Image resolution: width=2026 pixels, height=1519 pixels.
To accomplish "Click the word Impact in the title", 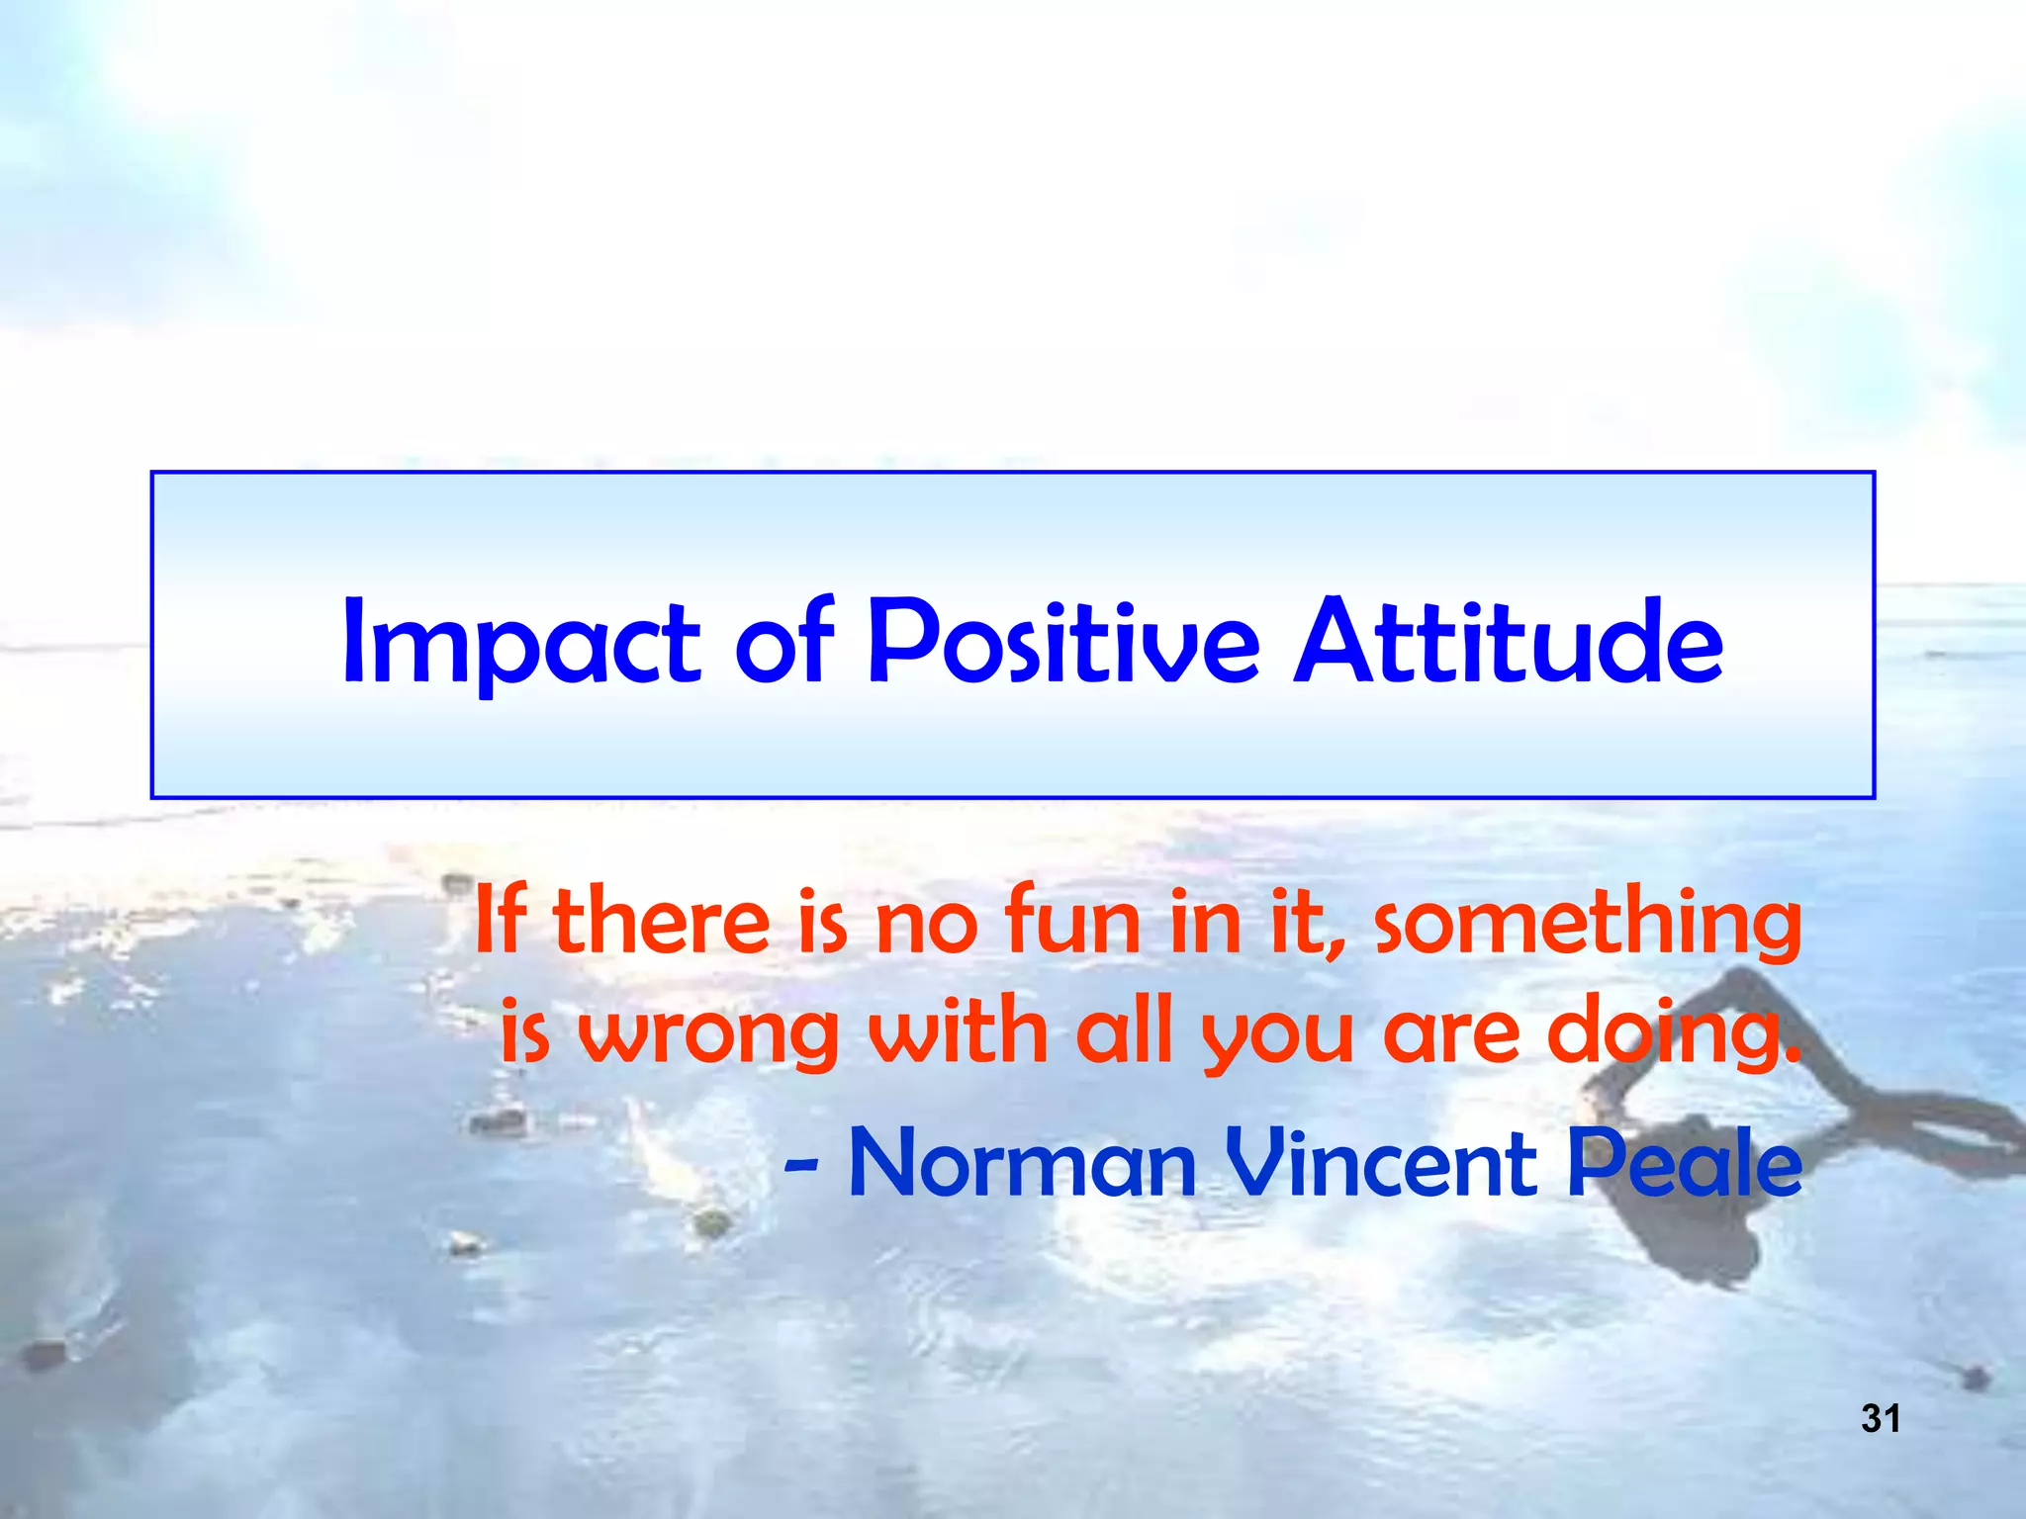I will (x=520, y=643).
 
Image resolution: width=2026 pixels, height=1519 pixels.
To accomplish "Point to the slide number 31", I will (x=1881, y=1419).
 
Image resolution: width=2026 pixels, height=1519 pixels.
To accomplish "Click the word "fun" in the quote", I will (x=1072, y=922).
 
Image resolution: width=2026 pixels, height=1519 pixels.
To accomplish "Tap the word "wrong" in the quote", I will (x=708, y=1033).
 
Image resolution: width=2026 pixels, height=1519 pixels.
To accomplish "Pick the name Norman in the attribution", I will (x=1023, y=1164).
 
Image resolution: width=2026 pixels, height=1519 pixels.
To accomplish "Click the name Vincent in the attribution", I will (x=1381, y=1164).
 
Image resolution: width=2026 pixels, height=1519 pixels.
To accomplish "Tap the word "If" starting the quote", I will (x=500, y=922).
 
